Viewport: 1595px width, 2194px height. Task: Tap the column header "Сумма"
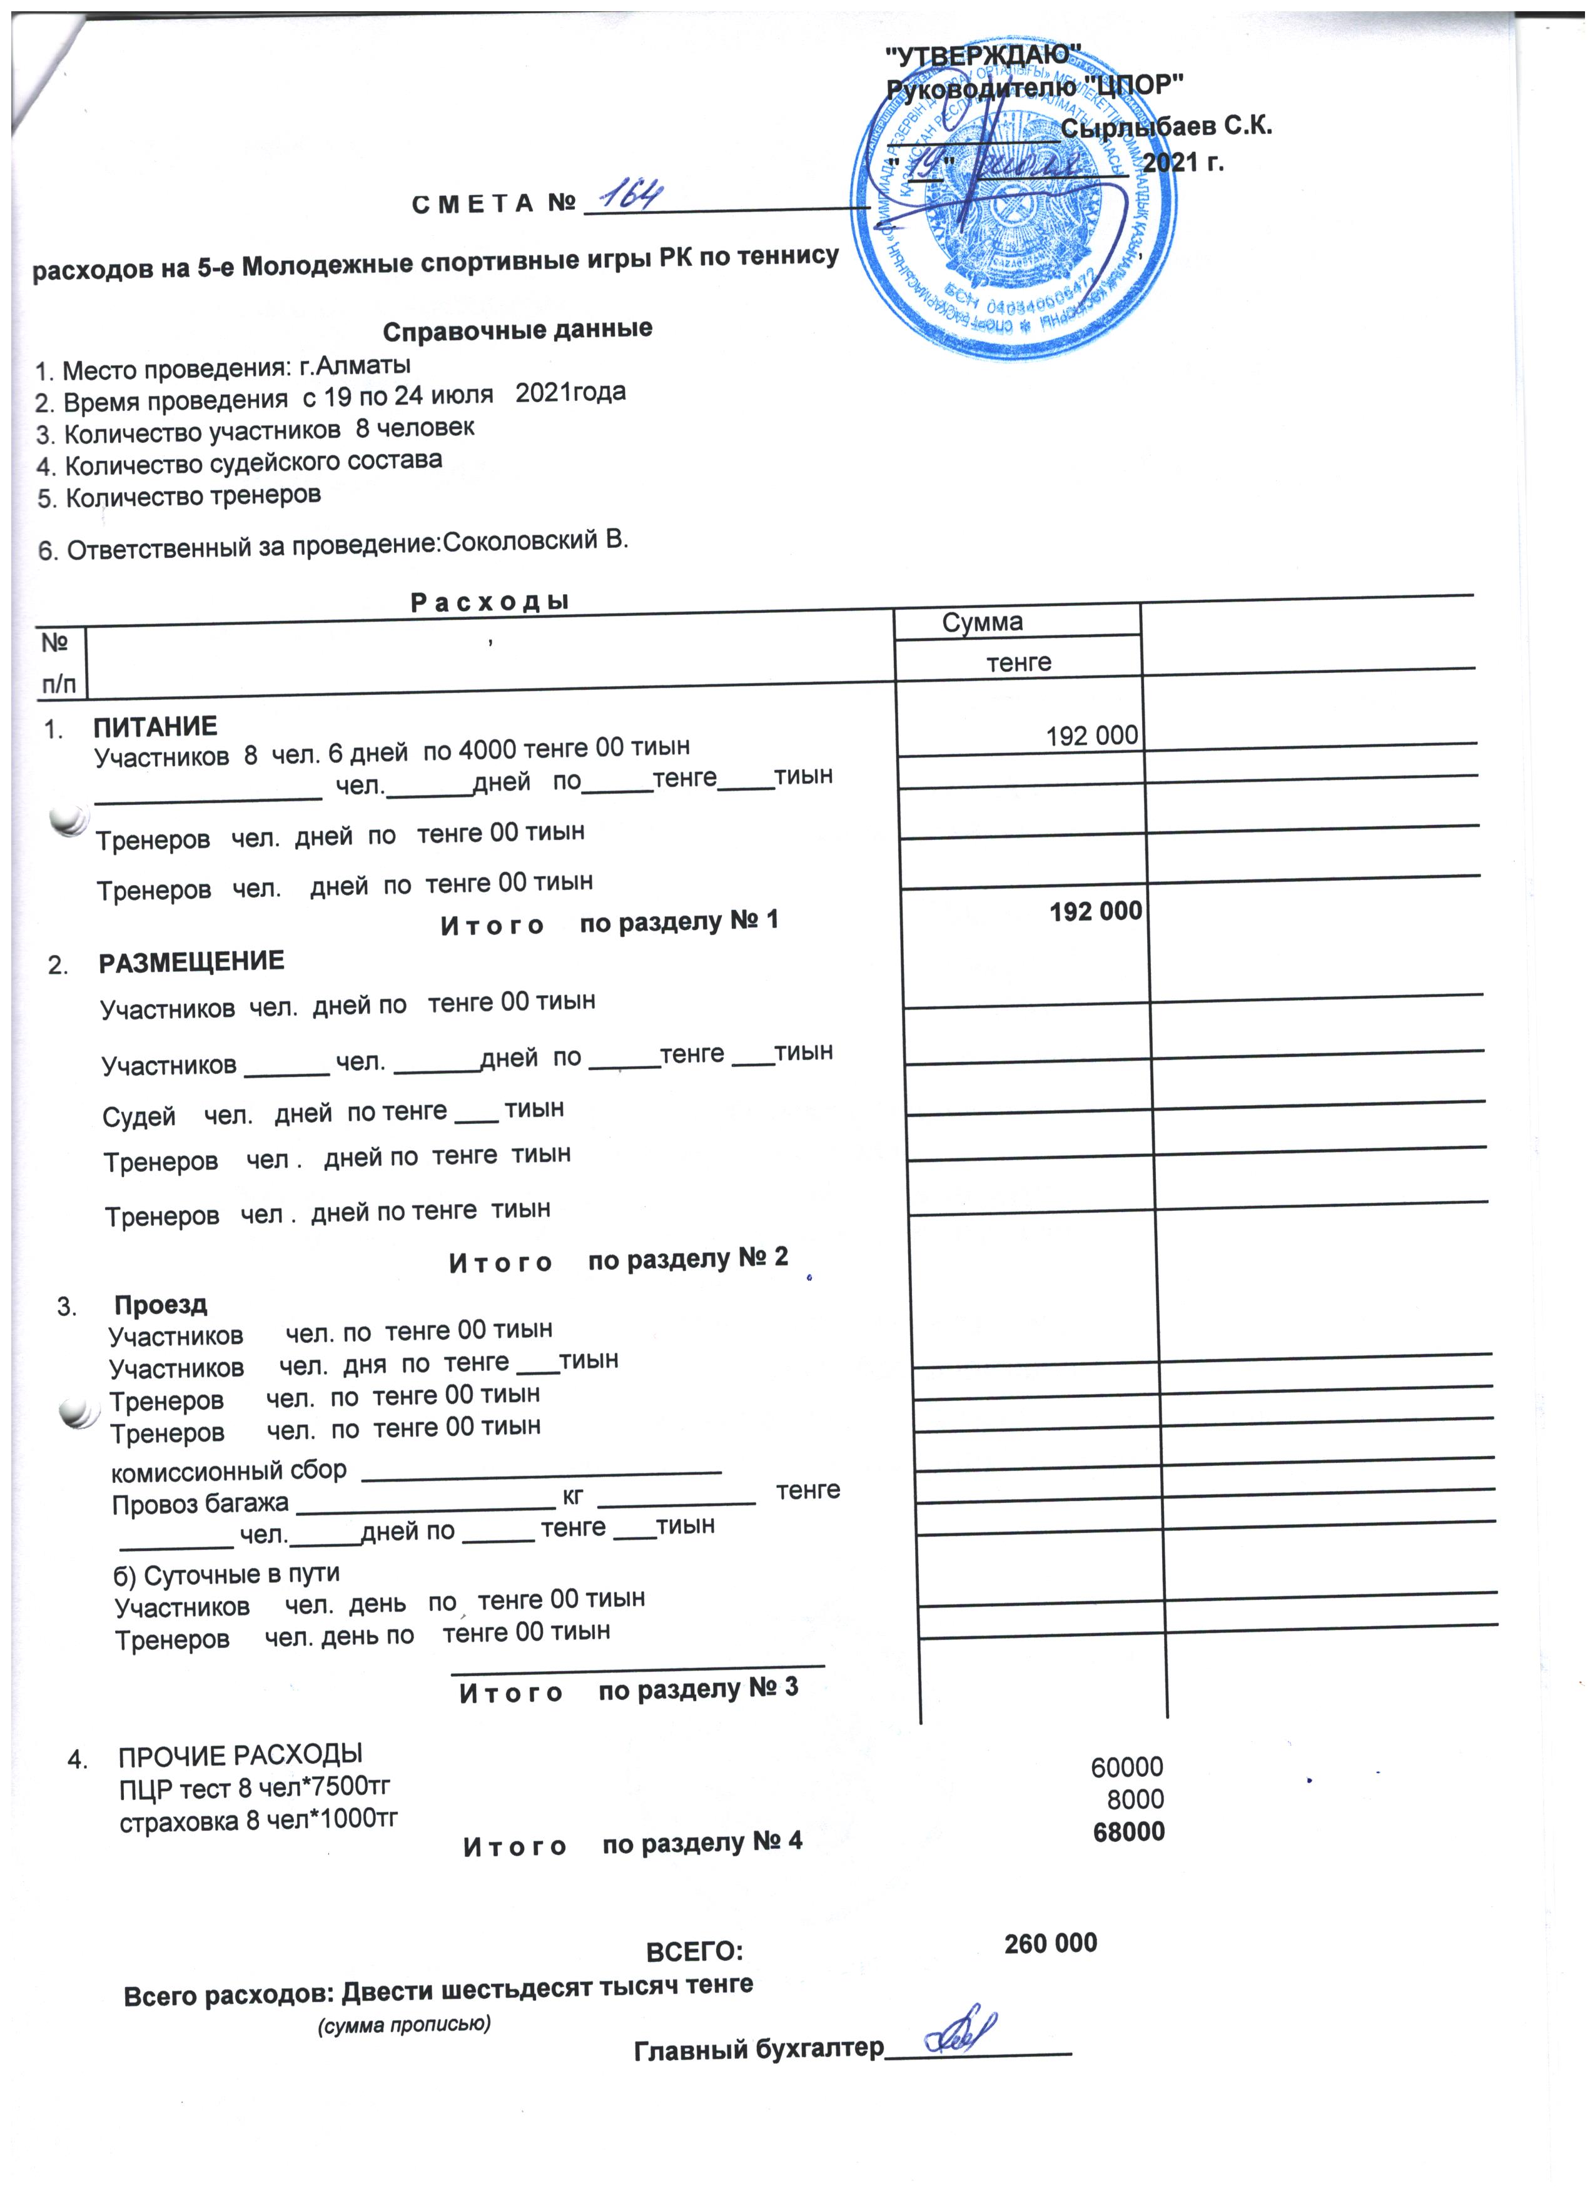982,622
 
